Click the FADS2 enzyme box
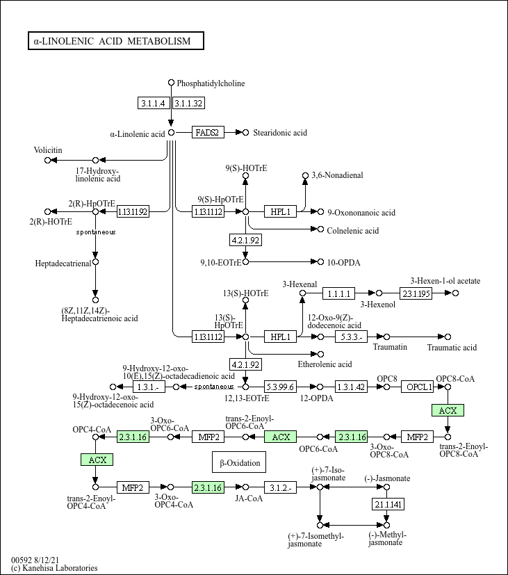click(x=208, y=132)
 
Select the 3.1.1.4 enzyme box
click(x=154, y=103)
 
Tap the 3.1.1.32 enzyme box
click(x=188, y=103)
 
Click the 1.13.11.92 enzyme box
click(x=133, y=211)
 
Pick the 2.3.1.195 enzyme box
click(x=416, y=293)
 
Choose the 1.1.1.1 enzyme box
click(x=341, y=293)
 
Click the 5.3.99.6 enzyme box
click(x=281, y=387)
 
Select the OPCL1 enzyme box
click(x=420, y=387)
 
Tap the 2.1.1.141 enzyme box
click(x=388, y=503)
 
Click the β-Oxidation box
click(x=240, y=462)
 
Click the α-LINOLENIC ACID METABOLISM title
click(x=115, y=41)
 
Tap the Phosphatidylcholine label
click(x=211, y=83)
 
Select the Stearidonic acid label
click(x=279, y=132)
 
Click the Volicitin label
click(x=48, y=150)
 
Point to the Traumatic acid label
click(x=452, y=347)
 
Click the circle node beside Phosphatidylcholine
click(x=171, y=83)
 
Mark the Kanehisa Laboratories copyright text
click(x=54, y=568)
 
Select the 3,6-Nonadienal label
click(x=337, y=175)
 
